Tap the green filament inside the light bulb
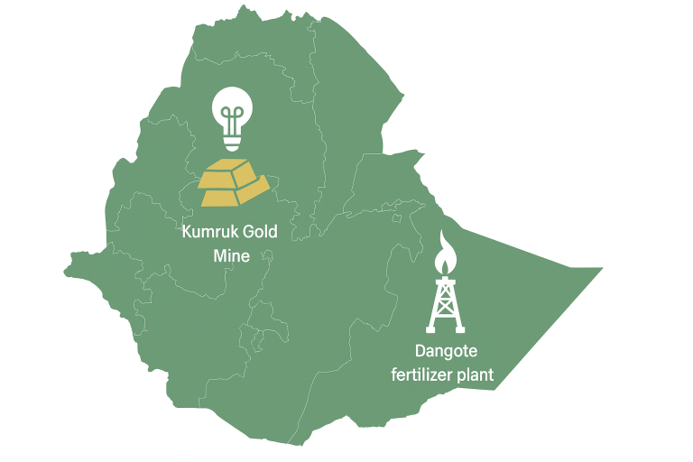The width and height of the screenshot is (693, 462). (x=232, y=115)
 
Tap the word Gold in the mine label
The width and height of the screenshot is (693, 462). (x=261, y=233)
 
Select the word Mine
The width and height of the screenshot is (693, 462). (x=230, y=255)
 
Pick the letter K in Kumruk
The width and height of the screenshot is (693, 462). (x=187, y=233)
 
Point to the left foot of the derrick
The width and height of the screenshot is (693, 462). (x=430, y=330)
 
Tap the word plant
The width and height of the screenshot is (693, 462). (x=475, y=375)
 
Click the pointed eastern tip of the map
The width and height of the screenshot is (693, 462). (x=602, y=269)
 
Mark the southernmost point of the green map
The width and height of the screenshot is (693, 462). (x=292, y=445)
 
